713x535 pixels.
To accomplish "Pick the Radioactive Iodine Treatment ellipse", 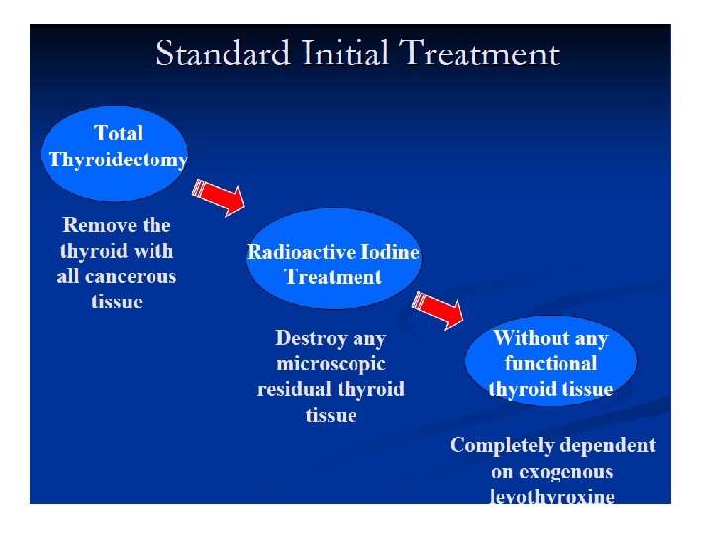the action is pos(333,260).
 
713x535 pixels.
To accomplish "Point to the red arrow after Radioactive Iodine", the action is pos(439,308).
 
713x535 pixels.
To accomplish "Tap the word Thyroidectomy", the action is pos(118,160).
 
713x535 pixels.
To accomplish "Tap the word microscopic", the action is pos(331,364).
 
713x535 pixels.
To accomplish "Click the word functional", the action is pos(551,364).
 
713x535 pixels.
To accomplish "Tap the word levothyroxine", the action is pos(552,495).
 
